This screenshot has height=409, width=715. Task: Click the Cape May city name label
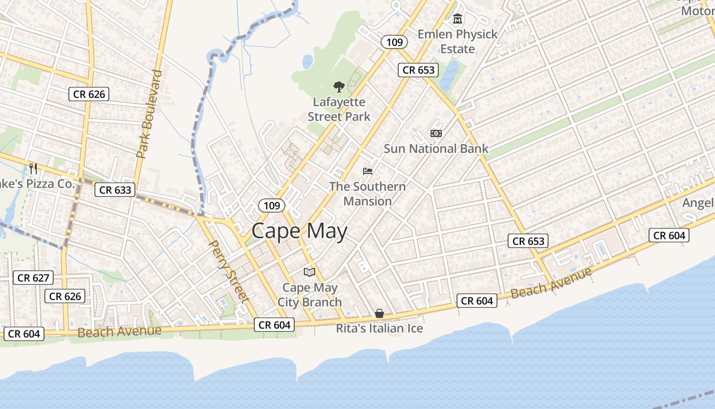(299, 231)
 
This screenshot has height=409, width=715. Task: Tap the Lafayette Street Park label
(339, 109)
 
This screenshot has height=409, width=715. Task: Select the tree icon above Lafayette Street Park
(339, 87)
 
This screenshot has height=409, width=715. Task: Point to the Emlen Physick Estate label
(458, 41)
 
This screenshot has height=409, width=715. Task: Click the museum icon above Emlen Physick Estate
(458, 19)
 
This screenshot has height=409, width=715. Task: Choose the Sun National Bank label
(436, 149)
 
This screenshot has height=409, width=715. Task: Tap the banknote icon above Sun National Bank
(436, 133)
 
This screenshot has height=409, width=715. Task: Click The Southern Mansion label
(368, 194)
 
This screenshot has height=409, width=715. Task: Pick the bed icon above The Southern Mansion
(368, 171)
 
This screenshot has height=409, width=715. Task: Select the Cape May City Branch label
(309, 295)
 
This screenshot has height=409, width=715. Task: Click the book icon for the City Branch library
(309, 272)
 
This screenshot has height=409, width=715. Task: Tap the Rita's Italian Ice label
(379, 328)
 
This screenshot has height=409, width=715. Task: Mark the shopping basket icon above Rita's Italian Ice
(379, 313)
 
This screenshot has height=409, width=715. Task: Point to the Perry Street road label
(229, 271)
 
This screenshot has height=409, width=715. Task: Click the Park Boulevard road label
(149, 114)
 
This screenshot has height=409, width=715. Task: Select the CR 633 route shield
(115, 190)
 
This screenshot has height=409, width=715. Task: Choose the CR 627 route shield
(33, 278)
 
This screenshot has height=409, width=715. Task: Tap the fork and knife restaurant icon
(33, 168)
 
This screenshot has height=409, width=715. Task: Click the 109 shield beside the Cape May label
(272, 206)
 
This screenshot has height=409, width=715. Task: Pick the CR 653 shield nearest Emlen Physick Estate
(418, 70)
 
